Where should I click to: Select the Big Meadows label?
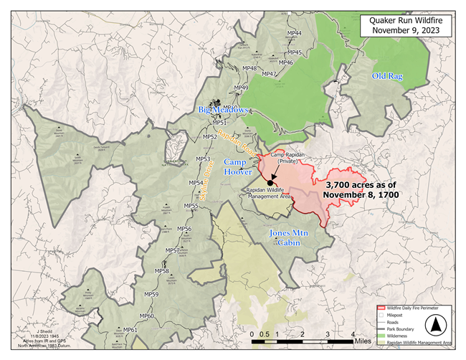click(223, 110)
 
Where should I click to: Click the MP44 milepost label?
click(294, 34)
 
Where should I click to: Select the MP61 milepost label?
click(130, 330)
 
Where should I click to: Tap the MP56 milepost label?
click(184, 229)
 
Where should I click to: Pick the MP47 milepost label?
click(269, 74)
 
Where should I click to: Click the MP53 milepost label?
click(203, 159)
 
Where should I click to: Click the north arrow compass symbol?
click(434, 326)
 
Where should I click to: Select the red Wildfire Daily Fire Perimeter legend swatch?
click(381, 308)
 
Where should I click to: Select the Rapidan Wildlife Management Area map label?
click(265, 191)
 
